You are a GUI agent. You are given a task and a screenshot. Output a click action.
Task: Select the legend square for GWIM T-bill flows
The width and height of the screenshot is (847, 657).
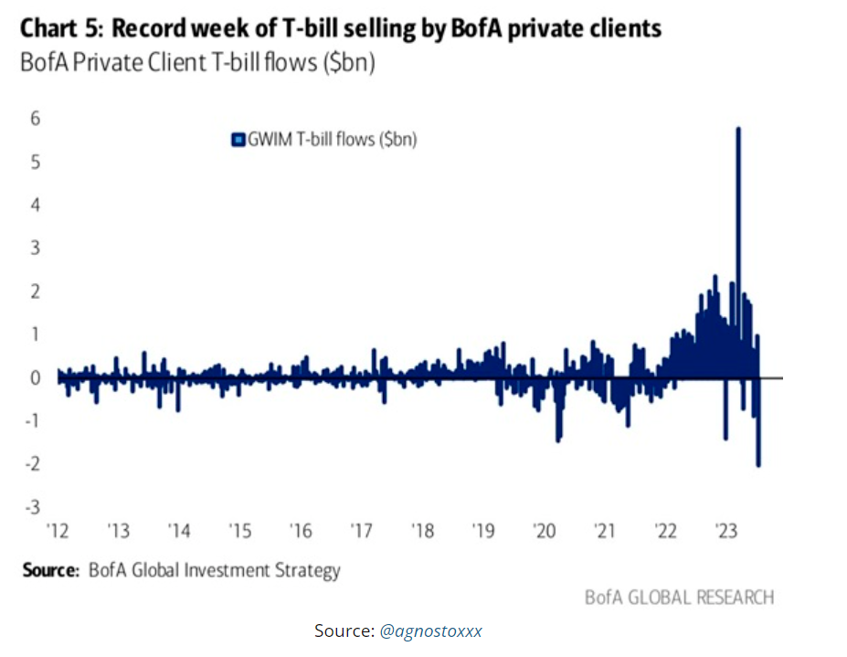click(237, 140)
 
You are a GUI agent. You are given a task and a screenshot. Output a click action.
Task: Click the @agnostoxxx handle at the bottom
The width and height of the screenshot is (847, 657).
click(430, 631)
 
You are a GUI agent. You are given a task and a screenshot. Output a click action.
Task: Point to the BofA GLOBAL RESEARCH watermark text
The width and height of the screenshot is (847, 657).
click(679, 598)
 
